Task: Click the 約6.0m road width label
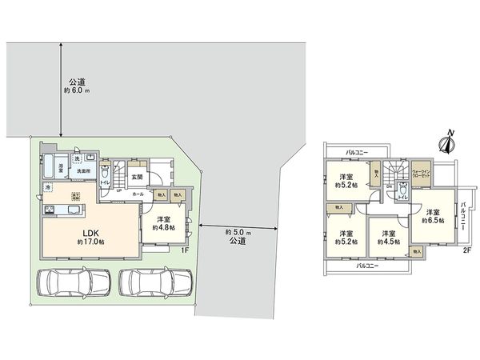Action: coord(76,86)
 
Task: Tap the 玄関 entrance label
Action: coord(136,177)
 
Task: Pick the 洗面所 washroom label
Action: coord(82,170)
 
